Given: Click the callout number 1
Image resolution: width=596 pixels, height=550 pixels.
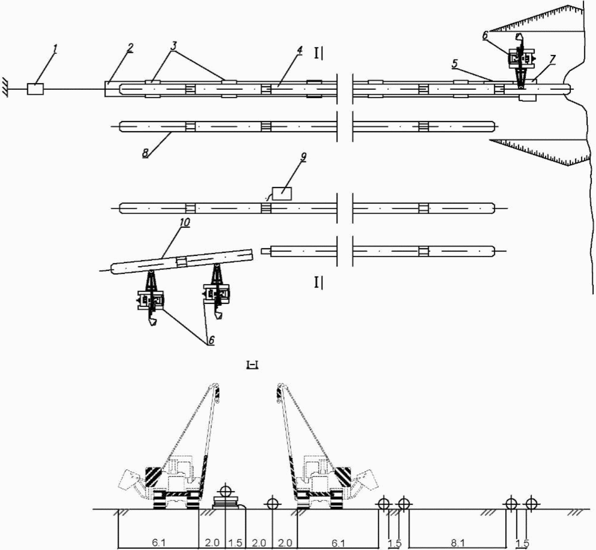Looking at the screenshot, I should coord(55,48).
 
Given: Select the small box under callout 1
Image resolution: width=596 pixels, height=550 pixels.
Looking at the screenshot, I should coord(35,89).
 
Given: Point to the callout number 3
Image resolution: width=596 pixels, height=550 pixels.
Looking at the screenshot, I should coord(174,45).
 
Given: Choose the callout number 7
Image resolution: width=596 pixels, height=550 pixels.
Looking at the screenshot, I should coord(552,59).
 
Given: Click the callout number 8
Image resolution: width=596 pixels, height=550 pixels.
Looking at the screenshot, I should coord(145,152).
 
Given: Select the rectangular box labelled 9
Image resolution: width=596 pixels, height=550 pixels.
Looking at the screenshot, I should coord(282,193).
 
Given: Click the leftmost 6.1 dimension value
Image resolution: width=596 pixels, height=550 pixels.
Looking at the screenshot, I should coord(159,543).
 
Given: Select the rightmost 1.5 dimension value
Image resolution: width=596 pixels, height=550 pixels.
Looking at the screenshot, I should coord(522,543).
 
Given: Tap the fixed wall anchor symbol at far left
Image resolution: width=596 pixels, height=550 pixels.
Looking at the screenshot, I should coord(4,89).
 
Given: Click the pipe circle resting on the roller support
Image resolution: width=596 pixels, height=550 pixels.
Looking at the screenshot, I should coord(226,491).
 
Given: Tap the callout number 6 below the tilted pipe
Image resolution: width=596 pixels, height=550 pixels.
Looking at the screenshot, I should coord(211,340).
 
